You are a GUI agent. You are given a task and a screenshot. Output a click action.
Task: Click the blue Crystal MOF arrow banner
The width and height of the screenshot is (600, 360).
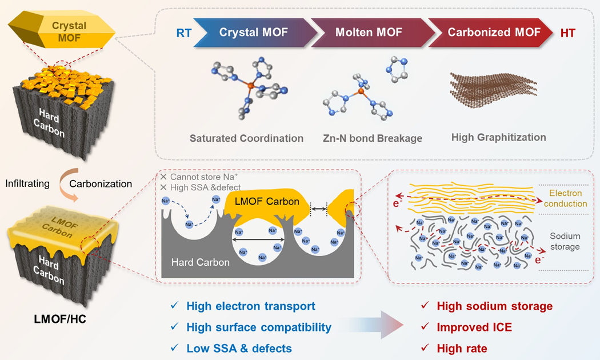[x=254, y=33]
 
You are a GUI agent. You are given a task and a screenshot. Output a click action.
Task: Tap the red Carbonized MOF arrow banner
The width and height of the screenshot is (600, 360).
[x=490, y=33]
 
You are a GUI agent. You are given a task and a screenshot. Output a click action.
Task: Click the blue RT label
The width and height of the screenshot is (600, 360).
[x=183, y=33]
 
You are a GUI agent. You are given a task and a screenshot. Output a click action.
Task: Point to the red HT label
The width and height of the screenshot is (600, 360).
[x=568, y=33]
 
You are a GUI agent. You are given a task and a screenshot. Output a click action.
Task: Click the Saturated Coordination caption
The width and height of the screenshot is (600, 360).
[x=246, y=138]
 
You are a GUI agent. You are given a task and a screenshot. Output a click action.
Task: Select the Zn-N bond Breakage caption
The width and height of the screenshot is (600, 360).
[x=373, y=138]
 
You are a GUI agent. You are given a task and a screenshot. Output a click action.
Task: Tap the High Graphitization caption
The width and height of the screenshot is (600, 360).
[x=499, y=137]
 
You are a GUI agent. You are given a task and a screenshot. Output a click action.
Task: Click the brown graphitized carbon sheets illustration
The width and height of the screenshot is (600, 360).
[x=493, y=90]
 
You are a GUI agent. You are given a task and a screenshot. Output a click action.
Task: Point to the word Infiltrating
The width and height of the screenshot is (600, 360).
[x=27, y=183]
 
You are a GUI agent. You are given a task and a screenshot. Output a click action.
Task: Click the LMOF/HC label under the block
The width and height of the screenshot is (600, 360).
[x=60, y=319]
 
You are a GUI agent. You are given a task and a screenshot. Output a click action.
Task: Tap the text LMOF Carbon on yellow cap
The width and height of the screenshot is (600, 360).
[x=267, y=201]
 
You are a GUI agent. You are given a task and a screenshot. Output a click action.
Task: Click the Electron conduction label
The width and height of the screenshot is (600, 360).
[x=566, y=198]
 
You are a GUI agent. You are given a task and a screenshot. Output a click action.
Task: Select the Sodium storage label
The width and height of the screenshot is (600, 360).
[x=565, y=241]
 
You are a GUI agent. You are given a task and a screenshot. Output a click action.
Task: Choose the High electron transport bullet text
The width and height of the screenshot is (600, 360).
[x=251, y=306]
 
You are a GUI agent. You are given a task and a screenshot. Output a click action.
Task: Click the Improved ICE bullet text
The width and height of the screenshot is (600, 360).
[x=474, y=327]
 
